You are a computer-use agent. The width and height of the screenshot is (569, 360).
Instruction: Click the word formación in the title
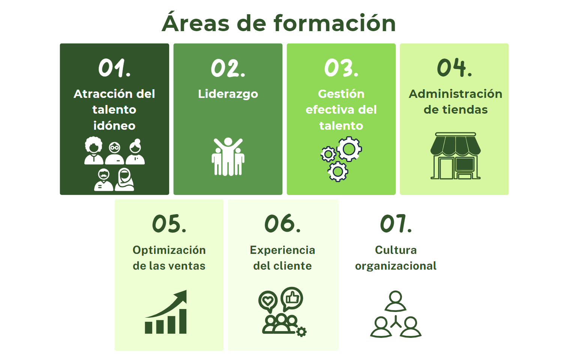335,23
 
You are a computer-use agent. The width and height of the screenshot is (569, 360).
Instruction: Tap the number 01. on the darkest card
114,67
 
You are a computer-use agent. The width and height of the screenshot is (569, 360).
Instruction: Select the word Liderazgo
228,94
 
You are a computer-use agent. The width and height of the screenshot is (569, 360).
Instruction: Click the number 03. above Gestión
341,68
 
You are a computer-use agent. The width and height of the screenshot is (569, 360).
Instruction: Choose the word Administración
455,94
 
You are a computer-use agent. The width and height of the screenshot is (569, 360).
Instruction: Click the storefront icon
455,156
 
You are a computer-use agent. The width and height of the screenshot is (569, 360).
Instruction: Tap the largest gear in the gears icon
349,149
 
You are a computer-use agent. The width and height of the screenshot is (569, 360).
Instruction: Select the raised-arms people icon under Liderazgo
228,157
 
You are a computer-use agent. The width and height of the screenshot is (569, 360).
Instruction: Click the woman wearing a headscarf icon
125,180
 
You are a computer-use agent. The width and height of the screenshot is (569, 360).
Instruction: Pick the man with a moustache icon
104,180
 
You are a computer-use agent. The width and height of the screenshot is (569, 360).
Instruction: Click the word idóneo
114,126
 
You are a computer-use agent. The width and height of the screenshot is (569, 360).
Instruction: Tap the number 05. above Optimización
169,223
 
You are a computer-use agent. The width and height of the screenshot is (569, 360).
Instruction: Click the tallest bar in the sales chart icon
183,321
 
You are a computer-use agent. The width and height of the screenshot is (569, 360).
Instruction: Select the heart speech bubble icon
268,301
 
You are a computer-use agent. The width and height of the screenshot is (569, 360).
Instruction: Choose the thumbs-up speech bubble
292,299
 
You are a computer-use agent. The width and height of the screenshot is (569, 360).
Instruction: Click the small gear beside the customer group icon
302,331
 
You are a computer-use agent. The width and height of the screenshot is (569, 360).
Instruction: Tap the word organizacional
395,266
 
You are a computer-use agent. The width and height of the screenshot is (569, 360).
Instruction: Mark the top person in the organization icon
395,301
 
